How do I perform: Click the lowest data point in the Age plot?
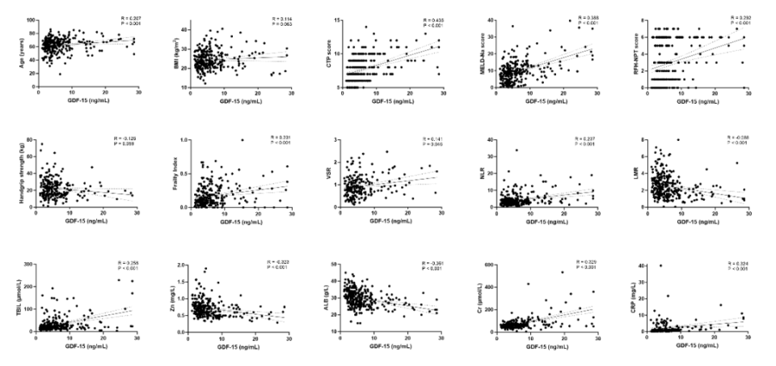click(59, 74)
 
